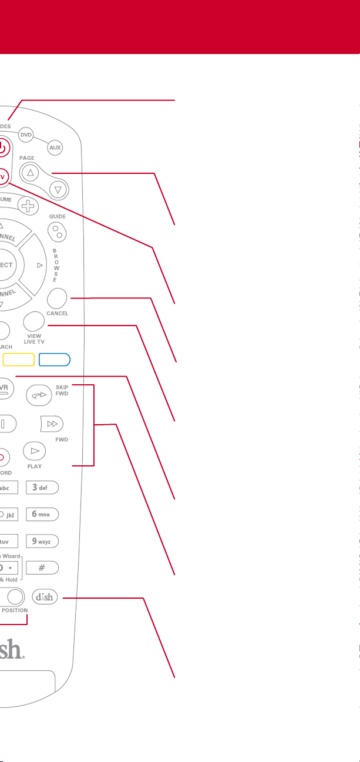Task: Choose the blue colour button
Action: (54, 360)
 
